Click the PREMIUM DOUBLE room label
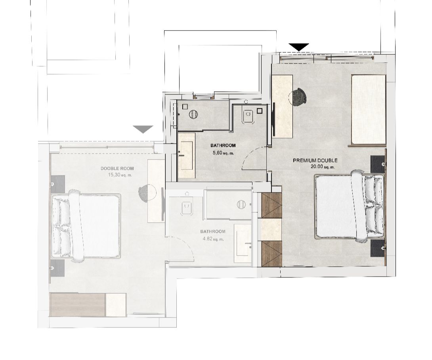pos(315,160)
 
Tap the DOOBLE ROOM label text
pos(117,169)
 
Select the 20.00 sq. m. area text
pos(323,167)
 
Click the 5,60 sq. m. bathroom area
pos(223,153)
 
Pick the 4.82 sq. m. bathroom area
pos(213,239)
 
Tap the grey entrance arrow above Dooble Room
pos(143,129)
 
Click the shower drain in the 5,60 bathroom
pos(193,114)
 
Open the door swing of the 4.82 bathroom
pos(181,248)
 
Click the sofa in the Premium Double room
pos(368,109)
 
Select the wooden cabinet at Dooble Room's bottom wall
pos(78,304)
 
